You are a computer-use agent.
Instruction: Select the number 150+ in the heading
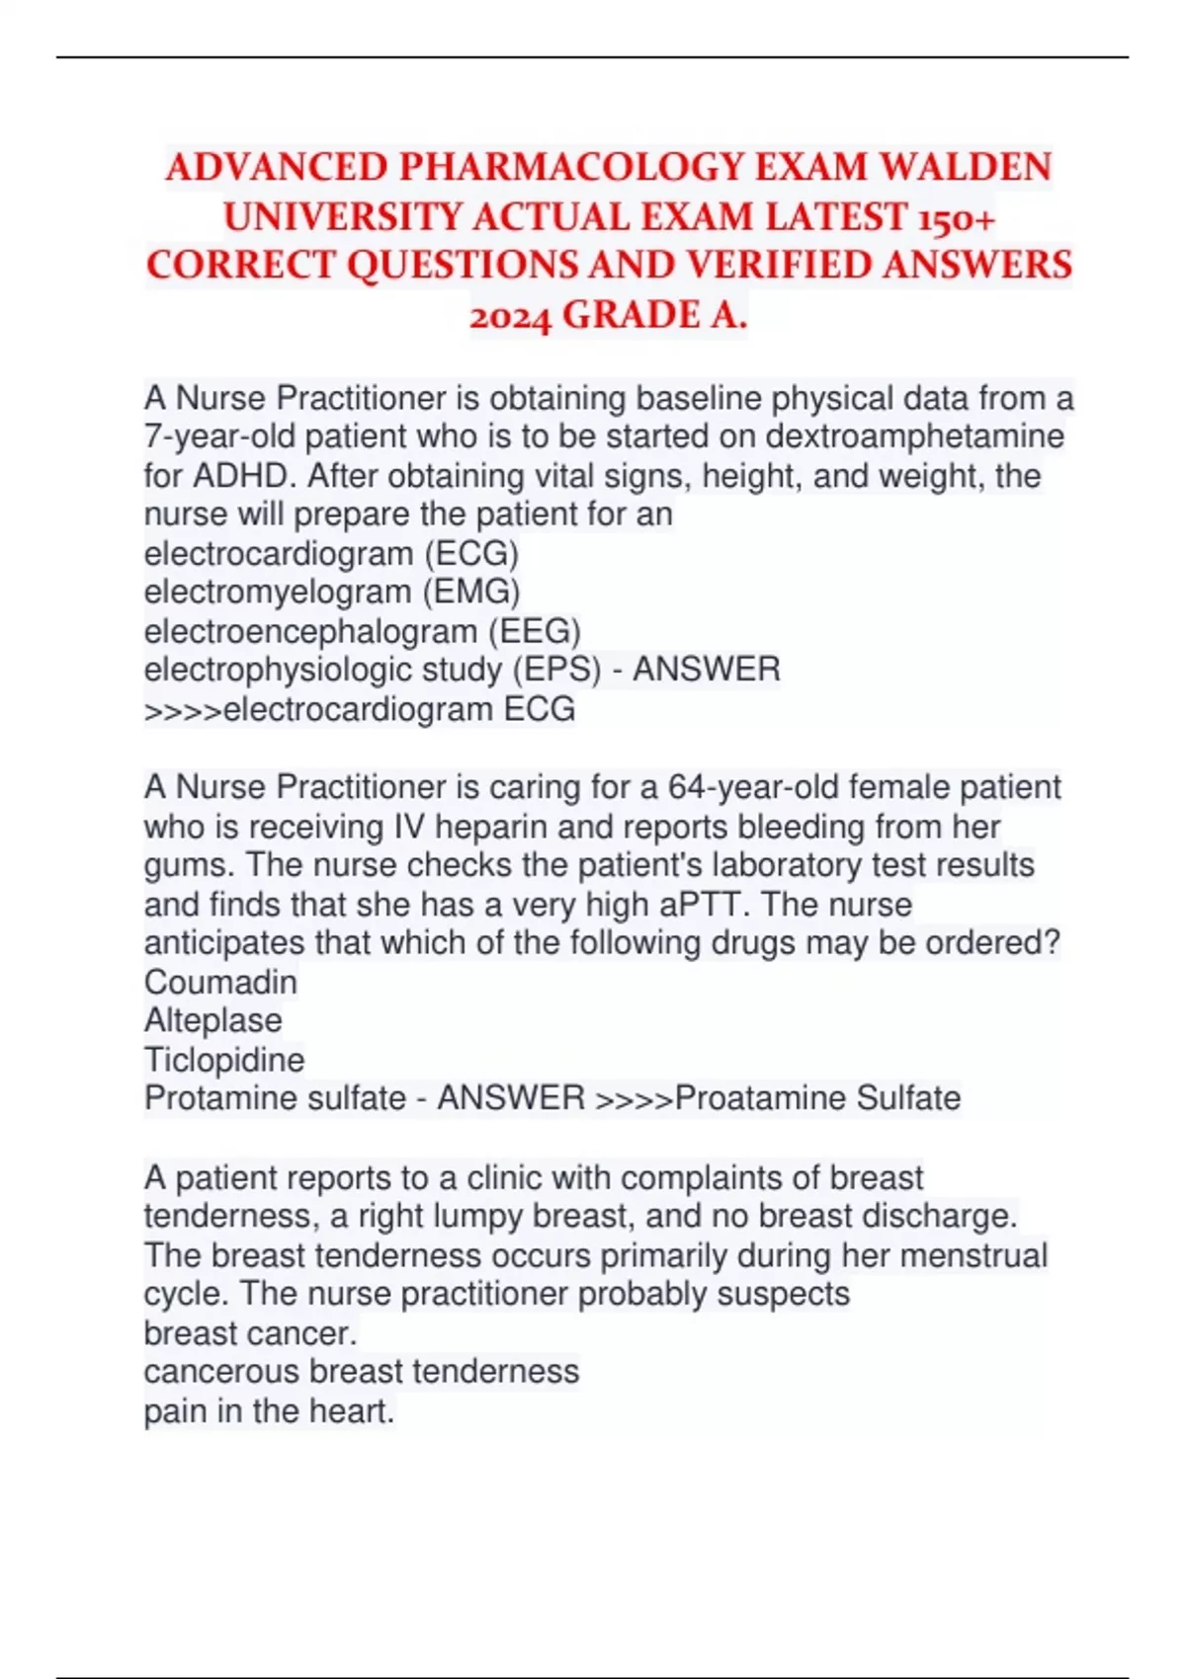point(956,216)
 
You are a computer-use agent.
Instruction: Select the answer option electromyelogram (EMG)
point(332,592)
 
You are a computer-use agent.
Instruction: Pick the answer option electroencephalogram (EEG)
point(362,631)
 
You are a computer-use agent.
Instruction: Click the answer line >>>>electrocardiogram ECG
point(360,709)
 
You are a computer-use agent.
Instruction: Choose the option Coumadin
point(220,982)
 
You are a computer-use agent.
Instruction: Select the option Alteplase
point(213,1020)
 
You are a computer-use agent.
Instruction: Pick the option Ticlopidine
point(224,1060)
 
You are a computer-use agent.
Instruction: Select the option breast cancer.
point(250,1333)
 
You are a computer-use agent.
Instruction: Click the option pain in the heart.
point(269,1410)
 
